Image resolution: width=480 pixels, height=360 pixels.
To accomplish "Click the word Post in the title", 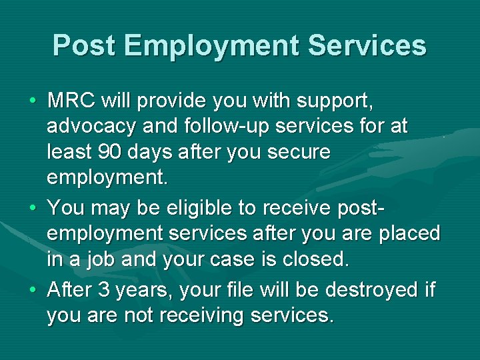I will coord(84,45).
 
